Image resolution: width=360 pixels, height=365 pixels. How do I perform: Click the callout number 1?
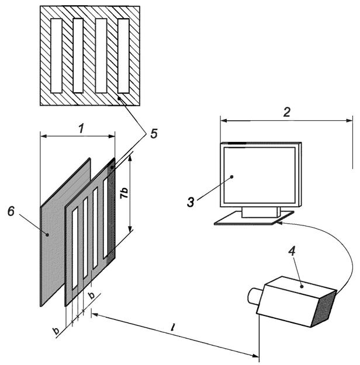pos(81,128)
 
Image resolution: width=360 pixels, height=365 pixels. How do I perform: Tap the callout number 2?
pos(286,112)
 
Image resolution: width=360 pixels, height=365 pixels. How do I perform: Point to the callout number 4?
pos(292,252)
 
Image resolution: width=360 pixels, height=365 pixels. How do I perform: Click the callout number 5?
pos(154,134)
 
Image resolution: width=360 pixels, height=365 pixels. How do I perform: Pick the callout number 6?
pos(11,211)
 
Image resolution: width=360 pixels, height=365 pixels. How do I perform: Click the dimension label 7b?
pos(124,193)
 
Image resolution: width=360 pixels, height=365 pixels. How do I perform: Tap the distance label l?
pos(172,328)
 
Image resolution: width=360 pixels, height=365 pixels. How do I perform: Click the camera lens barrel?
pos(254,296)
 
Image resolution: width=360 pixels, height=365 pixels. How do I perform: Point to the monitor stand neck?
pos(261,213)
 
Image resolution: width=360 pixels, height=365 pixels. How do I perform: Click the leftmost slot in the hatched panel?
pos(56,56)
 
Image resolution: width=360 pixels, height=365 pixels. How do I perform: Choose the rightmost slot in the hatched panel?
pos(123,56)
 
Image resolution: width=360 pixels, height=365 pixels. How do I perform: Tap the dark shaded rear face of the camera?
pos(324,308)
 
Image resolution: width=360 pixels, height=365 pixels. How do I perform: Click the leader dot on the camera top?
pos(302,287)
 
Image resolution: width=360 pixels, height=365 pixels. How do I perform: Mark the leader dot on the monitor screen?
pos(231,177)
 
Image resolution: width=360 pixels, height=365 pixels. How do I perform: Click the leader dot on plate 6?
pos(47,235)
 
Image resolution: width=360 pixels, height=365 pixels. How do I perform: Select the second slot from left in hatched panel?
pos(78,55)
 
